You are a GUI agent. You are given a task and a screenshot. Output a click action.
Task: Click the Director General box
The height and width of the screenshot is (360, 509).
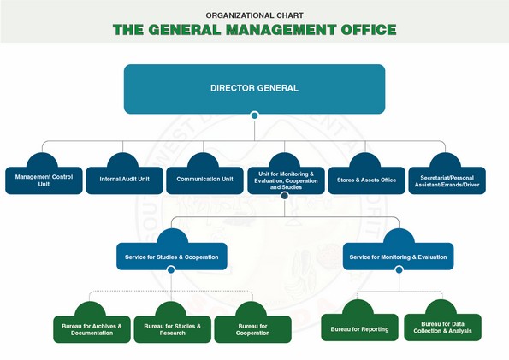point(255,89)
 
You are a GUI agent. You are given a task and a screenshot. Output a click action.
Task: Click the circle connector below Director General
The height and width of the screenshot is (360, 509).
point(255,115)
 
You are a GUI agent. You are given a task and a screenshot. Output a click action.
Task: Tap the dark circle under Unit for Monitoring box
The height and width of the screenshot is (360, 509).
point(285,196)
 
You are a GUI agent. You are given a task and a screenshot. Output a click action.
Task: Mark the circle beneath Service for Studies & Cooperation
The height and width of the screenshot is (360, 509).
point(171,269)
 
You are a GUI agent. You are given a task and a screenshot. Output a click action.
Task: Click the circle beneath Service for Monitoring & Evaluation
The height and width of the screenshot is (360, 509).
point(400,269)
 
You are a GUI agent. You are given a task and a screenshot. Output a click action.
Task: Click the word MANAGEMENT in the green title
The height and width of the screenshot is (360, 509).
point(281,30)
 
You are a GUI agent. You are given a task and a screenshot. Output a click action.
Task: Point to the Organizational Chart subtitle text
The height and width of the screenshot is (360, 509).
point(255,15)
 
